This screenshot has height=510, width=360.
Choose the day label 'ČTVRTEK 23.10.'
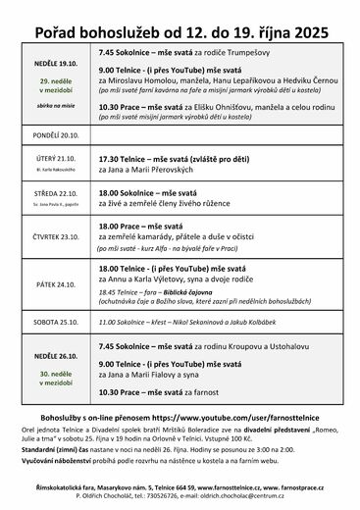click(56, 236)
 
